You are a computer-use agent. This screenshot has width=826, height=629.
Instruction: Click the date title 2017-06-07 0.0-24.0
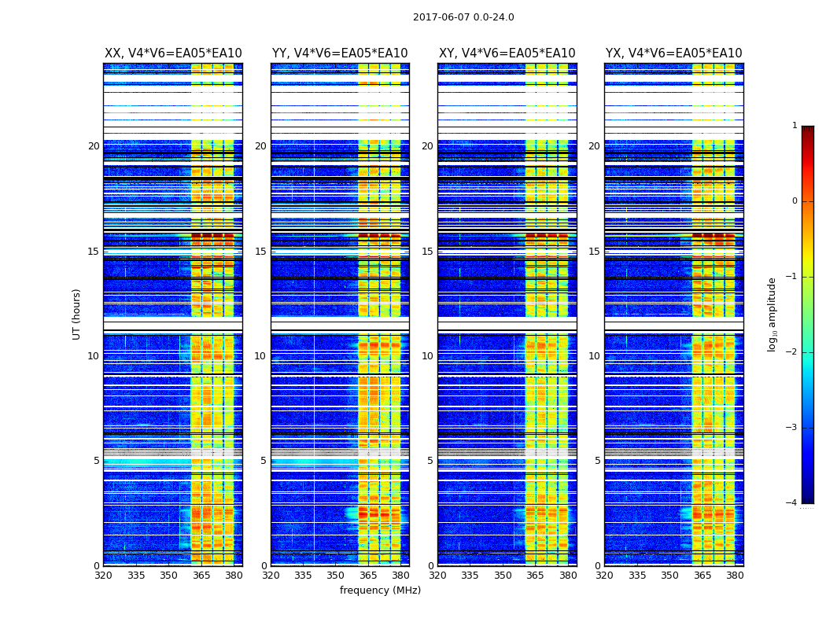click(x=463, y=17)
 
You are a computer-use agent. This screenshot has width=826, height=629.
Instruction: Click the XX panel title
click(x=173, y=53)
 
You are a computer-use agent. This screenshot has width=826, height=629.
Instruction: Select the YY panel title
click(x=340, y=53)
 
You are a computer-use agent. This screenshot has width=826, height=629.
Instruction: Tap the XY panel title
click(x=507, y=53)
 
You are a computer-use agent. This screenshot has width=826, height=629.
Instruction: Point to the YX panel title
click(x=673, y=53)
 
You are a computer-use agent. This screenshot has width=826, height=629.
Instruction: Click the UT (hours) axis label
click(x=77, y=314)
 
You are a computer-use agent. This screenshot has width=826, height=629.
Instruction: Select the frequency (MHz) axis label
click(x=380, y=590)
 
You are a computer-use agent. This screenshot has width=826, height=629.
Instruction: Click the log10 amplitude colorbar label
click(x=773, y=314)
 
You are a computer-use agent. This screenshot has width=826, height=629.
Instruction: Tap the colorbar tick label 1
click(x=794, y=126)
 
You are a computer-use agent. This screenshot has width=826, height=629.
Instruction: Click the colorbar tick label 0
click(x=794, y=201)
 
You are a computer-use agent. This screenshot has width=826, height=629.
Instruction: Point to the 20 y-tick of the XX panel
click(x=94, y=146)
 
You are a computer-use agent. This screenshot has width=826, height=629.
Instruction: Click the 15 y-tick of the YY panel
click(x=260, y=252)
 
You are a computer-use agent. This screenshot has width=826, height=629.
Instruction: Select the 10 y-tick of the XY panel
click(x=427, y=356)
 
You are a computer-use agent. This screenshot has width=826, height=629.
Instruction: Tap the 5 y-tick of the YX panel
click(x=597, y=461)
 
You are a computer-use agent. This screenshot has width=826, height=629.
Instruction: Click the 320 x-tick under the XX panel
click(x=103, y=576)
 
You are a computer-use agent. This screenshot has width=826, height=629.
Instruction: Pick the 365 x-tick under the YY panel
click(x=368, y=576)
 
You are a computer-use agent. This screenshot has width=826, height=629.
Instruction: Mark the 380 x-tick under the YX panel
click(x=735, y=576)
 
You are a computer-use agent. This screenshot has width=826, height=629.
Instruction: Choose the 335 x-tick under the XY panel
click(x=470, y=576)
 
